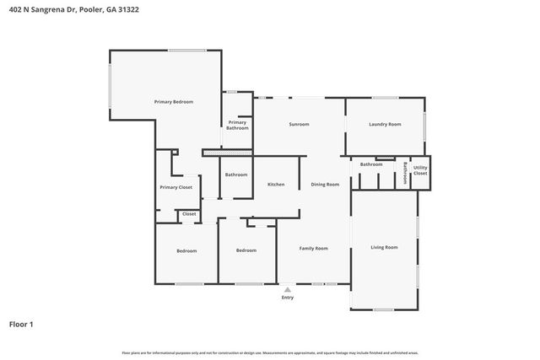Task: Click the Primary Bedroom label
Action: (173, 102)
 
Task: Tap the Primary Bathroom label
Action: (237, 125)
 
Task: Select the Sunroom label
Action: (299, 125)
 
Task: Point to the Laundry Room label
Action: (385, 125)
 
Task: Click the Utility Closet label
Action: (420, 171)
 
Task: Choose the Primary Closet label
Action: (175, 187)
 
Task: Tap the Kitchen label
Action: (276, 185)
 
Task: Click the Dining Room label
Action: (325, 185)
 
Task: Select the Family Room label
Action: (314, 249)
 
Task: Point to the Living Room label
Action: (384, 247)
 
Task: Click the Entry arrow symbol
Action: (288, 289)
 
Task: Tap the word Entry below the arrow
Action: (288, 298)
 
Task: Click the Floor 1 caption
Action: (21, 324)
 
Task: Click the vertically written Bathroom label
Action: (405, 173)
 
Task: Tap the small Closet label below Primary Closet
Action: (189, 214)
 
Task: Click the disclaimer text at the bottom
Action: (270, 352)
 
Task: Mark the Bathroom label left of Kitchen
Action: (235, 175)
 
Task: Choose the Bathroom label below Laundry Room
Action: (371, 164)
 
